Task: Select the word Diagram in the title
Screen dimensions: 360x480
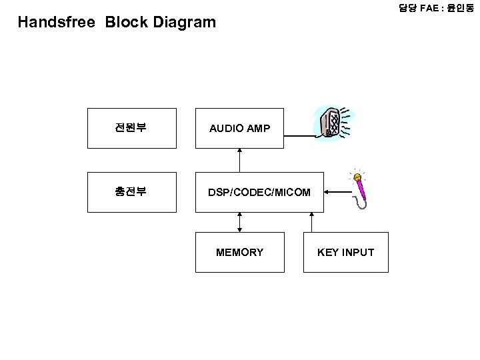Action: [x=185, y=22]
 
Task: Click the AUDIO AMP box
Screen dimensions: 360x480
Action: [x=239, y=127]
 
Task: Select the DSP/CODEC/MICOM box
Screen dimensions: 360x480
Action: [x=259, y=193]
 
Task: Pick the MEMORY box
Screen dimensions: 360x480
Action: [x=239, y=252]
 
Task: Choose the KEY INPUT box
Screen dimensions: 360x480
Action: [x=345, y=252]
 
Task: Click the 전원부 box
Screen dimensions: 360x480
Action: [x=132, y=127]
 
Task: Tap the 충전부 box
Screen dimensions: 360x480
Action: [x=132, y=192]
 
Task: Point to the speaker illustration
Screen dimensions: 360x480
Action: [x=331, y=123]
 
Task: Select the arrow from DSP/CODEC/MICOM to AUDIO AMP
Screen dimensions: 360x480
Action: [x=239, y=159]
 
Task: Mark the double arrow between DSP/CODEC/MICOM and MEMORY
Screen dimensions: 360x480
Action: [x=239, y=222]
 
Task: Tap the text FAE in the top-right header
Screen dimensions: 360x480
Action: [x=431, y=8]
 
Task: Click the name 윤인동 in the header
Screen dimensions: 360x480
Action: [x=461, y=8]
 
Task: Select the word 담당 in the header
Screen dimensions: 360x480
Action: [x=408, y=8]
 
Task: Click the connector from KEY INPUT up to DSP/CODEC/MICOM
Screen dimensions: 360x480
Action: [x=311, y=222]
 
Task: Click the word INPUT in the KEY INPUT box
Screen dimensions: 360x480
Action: [x=358, y=252]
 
